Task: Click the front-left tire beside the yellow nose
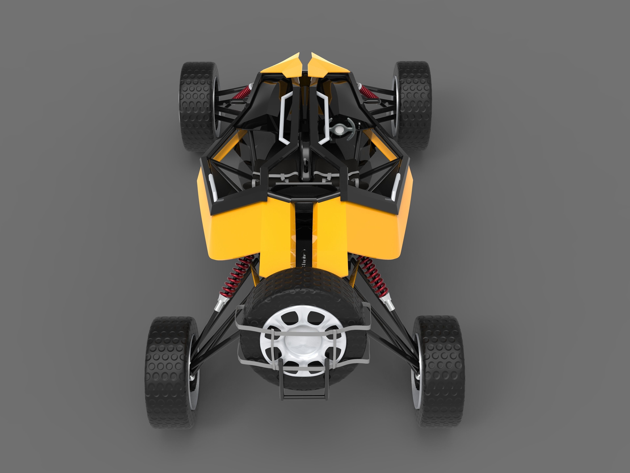click(x=197, y=107)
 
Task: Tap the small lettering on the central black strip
click(x=304, y=258)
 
